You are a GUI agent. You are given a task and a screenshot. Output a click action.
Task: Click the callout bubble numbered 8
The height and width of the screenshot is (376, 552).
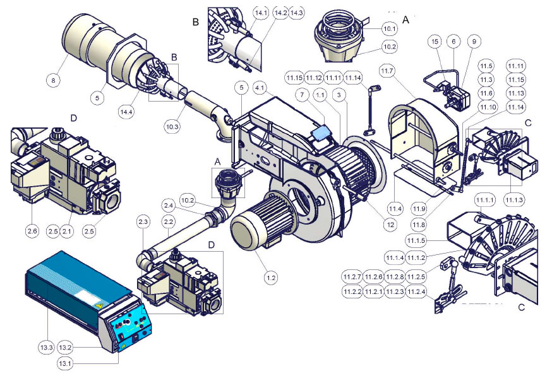pyautogui.click(x=53, y=81)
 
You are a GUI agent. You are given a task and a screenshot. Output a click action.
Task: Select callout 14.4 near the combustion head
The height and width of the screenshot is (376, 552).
pyautogui.click(x=126, y=112)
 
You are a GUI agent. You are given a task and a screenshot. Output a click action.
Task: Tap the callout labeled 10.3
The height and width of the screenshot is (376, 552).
pyautogui.click(x=172, y=127)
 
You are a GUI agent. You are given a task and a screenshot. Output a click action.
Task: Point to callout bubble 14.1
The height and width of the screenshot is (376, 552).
pyautogui.click(x=261, y=13)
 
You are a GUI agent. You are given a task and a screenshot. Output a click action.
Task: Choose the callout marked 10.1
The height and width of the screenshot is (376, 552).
pyautogui.click(x=390, y=29)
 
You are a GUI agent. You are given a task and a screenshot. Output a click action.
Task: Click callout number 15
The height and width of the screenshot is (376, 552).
pyautogui.click(x=435, y=42)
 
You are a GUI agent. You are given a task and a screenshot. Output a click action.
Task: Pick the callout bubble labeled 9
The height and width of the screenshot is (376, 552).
pyautogui.click(x=474, y=42)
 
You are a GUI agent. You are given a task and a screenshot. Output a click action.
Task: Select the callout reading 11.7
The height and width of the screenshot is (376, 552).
pyautogui.click(x=387, y=71)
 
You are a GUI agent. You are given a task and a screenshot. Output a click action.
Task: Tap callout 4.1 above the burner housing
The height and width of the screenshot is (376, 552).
pyautogui.click(x=260, y=88)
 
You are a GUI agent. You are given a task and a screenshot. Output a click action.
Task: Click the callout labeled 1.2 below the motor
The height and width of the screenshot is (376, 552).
pyautogui.click(x=271, y=278)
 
